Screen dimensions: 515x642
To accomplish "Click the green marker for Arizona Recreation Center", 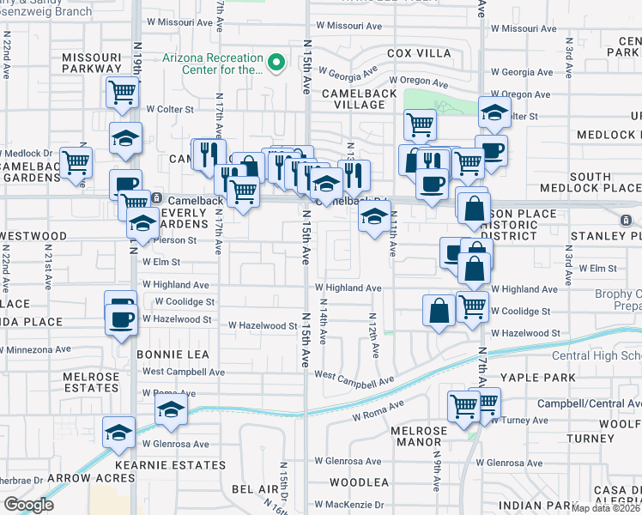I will [x=276, y=64].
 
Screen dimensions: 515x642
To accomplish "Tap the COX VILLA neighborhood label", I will [x=419, y=53].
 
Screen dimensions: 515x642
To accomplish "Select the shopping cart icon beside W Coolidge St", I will [x=472, y=306].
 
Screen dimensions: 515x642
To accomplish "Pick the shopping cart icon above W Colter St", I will [x=123, y=90].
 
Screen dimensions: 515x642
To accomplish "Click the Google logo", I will [x=27, y=505].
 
